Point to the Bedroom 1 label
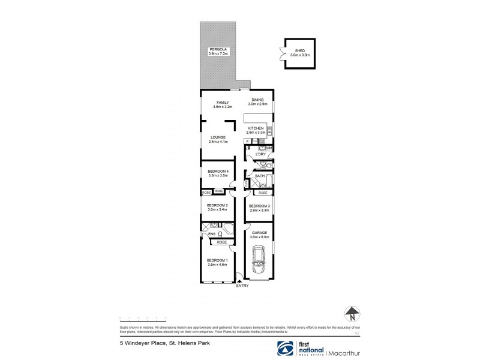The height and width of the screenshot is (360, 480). click(x=217, y=259)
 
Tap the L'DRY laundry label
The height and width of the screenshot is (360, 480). click(x=260, y=154)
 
